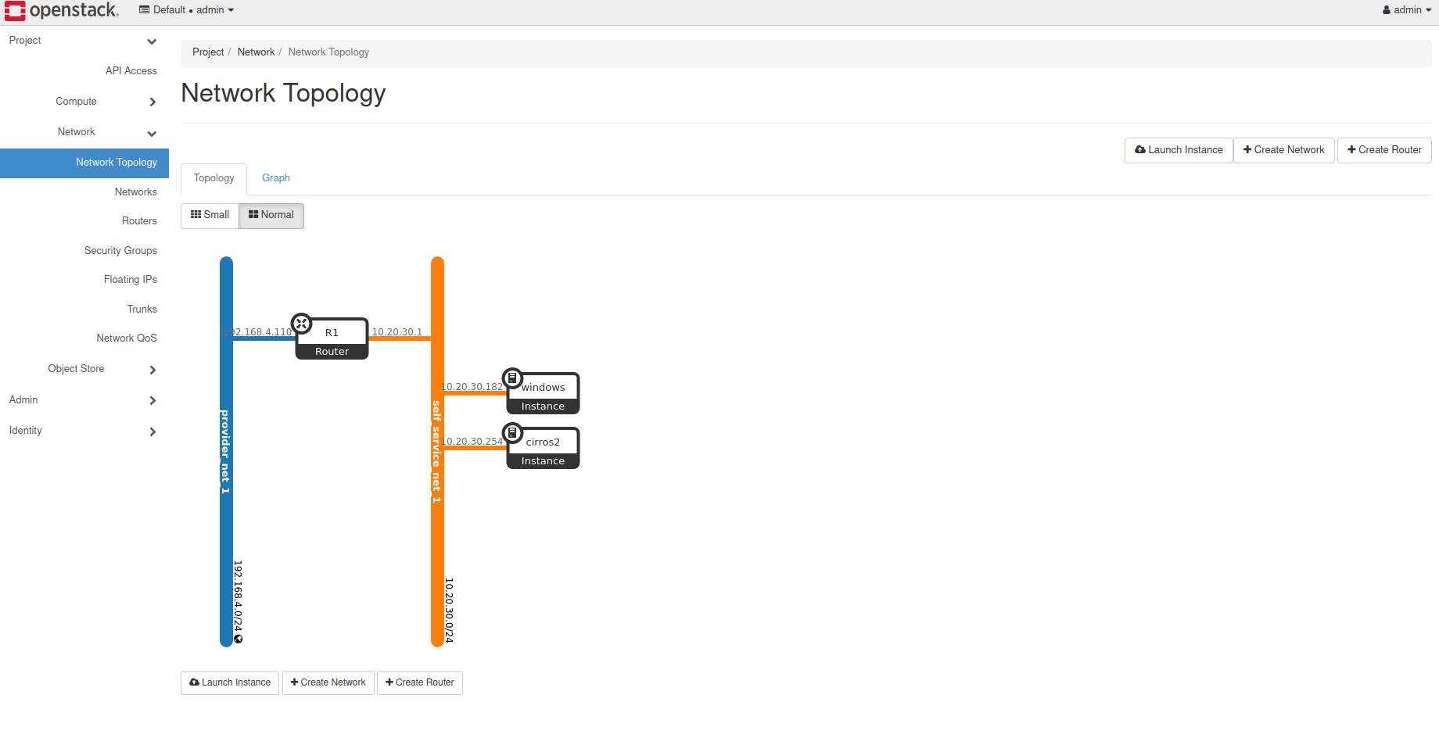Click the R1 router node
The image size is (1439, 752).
pyautogui.click(x=332, y=338)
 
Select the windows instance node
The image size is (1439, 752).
pyautogui.click(x=543, y=393)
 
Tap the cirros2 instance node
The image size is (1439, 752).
pyautogui.click(x=543, y=448)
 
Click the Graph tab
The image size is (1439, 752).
pyautogui.click(x=275, y=178)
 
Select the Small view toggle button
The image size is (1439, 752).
pyautogui.click(x=210, y=215)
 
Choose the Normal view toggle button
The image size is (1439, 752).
pyautogui.click(x=271, y=215)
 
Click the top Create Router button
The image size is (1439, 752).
pyautogui.click(x=1384, y=150)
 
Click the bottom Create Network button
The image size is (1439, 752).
pyautogui.click(x=328, y=682)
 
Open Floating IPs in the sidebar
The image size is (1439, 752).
pyautogui.click(x=131, y=280)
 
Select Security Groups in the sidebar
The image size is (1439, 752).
pyautogui.click(x=120, y=251)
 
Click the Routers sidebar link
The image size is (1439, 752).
pyautogui.click(x=139, y=221)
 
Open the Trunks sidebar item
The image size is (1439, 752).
pyautogui.click(x=142, y=310)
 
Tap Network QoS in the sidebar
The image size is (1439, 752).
pyautogui.click(x=127, y=338)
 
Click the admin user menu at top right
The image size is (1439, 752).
pyautogui.click(x=1407, y=10)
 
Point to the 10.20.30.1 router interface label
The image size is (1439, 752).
pyautogui.click(x=397, y=332)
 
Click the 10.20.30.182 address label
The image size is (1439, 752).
pyautogui.click(x=473, y=387)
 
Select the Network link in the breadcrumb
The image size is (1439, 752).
pyautogui.click(x=256, y=52)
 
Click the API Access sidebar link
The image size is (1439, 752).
pyautogui.click(x=131, y=71)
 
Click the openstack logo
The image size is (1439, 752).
pyautogui.click(x=62, y=10)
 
